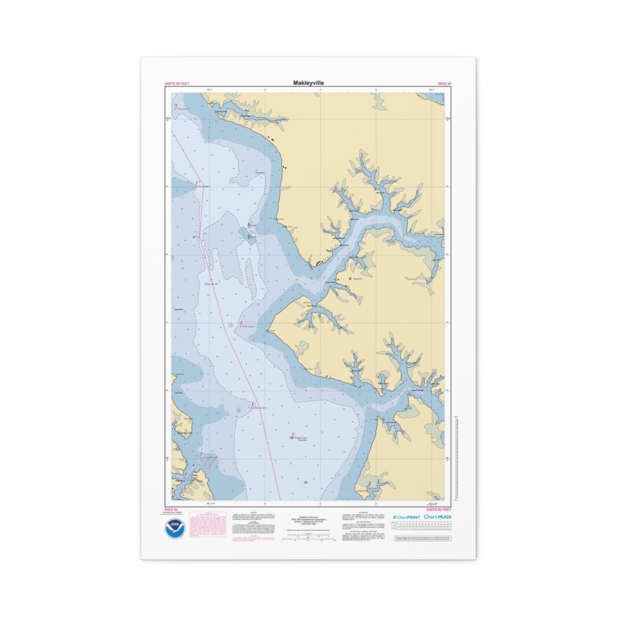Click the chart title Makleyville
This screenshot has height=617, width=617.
308,83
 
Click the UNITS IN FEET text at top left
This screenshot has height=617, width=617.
176,83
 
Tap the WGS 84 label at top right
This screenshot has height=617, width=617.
444,83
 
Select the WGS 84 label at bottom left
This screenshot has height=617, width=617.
171,510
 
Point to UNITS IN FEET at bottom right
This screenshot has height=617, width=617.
439,510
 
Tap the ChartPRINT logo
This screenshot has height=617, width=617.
406,517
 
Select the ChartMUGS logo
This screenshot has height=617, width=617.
438,517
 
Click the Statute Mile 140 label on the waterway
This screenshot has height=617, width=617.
212,284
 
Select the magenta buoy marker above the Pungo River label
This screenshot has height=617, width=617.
293,435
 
